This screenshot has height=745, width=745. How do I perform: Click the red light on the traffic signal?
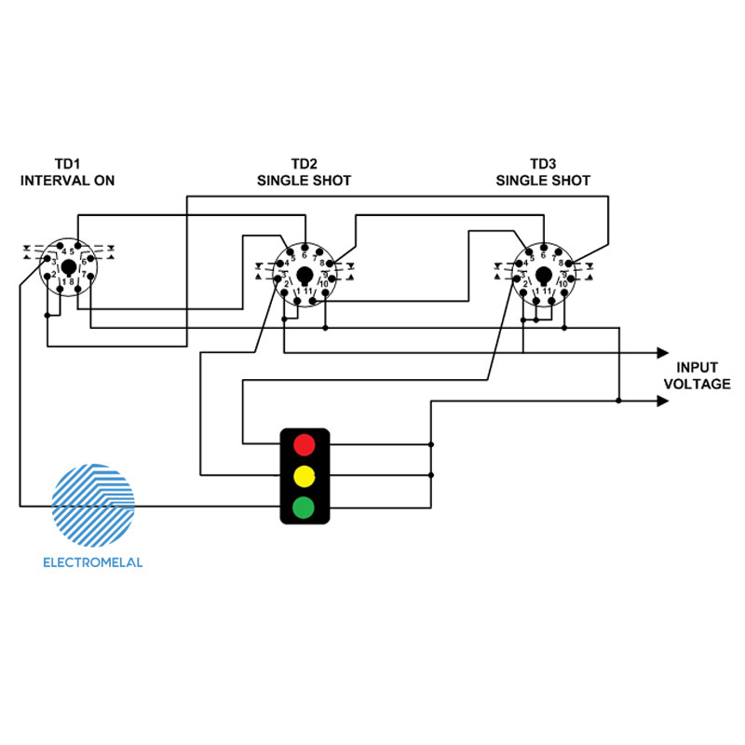tap(303, 442)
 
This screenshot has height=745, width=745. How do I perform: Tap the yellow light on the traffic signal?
tap(303, 475)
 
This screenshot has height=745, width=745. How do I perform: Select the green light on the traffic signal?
tap(303, 508)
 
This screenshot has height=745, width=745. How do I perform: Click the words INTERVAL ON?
tap(68, 181)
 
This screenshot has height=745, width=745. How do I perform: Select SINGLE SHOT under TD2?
tap(305, 181)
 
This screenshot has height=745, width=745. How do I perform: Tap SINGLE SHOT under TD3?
tap(543, 181)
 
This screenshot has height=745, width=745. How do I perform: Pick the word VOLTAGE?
tap(703, 384)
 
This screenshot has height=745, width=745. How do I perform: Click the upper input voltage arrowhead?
tap(662, 353)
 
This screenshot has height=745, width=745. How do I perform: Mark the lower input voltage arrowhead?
tap(662, 401)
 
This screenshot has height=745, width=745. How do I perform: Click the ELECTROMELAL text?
tap(93, 562)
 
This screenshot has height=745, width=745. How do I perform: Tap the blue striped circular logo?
tap(93, 503)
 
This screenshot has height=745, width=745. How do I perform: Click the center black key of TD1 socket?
tap(68, 267)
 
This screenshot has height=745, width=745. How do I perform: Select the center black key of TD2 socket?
tap(305, 276)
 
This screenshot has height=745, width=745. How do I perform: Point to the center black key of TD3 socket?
tap(543, 276)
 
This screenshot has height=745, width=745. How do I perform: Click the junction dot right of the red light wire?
tap(430, 444)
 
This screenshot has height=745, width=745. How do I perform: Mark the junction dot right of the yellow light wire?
tap(430, 475)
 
